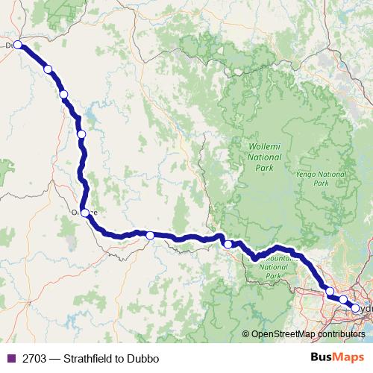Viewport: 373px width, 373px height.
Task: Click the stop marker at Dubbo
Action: click(x=18, y=46)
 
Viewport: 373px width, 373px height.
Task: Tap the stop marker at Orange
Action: click(x=85, y=213)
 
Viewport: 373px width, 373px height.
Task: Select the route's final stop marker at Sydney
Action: click(x=356, y=308)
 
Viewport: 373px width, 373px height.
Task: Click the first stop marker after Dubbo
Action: click(x=48, y=69)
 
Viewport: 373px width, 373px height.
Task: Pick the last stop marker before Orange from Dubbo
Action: click(x=81, y=134)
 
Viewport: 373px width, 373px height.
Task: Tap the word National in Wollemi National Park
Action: click(x=265, y=157)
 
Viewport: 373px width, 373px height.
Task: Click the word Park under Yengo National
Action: click(x=321, y=183)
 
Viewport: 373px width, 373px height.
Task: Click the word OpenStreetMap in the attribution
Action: click(x=283, y=334)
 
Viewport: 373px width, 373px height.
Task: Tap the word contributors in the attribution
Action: click(x=341, y=334)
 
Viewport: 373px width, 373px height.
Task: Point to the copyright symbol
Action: click(x=246, y=334)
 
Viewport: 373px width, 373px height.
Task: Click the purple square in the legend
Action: click(x=10, y=358)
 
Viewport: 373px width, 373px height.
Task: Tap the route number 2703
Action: click(x=31, y=358)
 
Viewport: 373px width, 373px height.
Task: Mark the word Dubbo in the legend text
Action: click(x=144, y=358)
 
